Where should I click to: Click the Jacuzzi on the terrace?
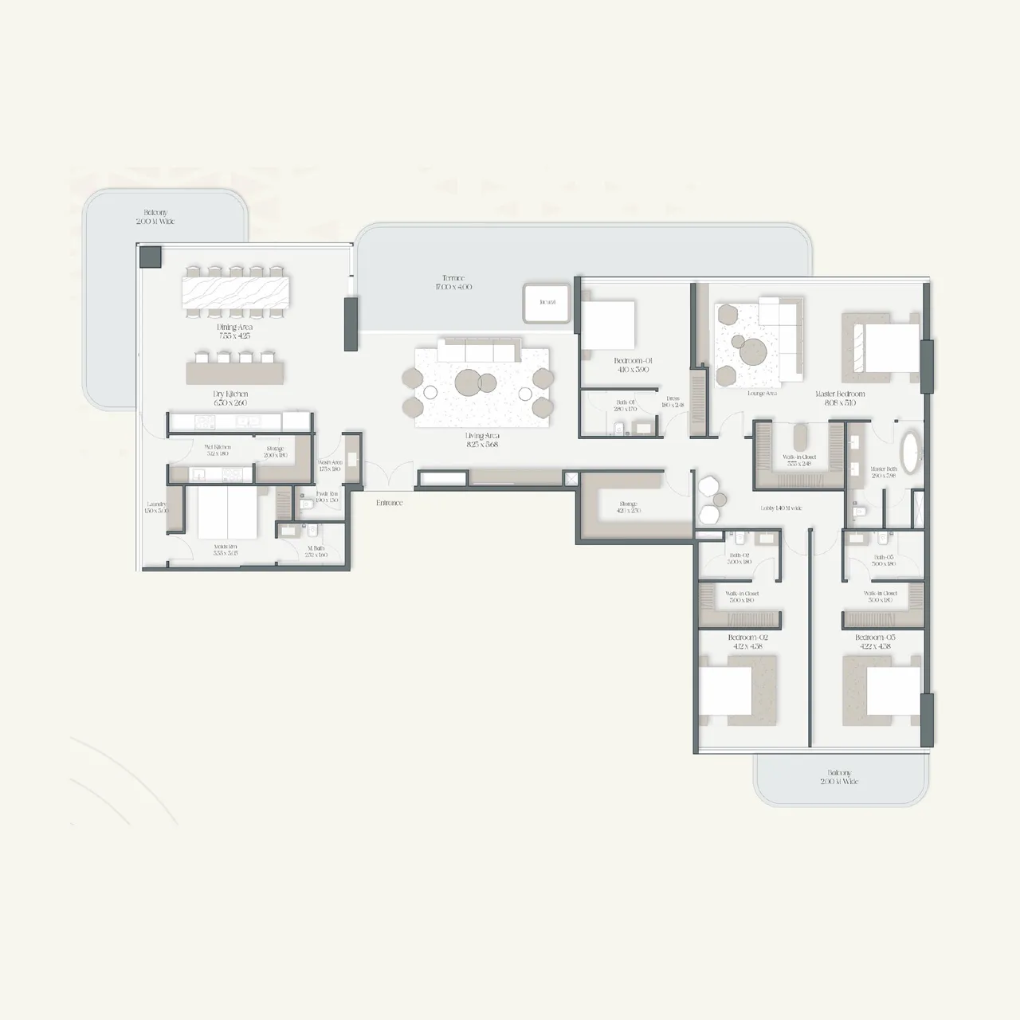coord(547,303)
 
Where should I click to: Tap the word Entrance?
coord(390,503)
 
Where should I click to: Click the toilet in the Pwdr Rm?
coord(305,504)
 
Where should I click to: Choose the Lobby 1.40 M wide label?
coord(781,508)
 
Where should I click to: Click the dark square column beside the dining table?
coord(151,257)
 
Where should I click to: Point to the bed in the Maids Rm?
coord(227,513)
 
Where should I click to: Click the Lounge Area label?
coord(763,394)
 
